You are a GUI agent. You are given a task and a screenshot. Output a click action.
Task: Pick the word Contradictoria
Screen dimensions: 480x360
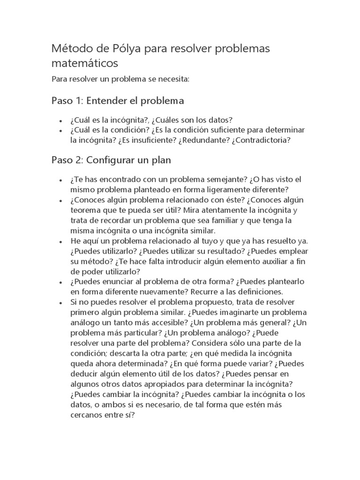click(x=261, y=140)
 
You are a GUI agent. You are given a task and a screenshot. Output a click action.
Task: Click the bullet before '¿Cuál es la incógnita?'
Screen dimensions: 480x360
click(x=61, y=120)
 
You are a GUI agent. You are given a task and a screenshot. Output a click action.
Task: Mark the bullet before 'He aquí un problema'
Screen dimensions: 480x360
click(x=61, y=241)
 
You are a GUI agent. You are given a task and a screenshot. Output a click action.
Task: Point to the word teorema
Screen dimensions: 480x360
click(x=85, y=210)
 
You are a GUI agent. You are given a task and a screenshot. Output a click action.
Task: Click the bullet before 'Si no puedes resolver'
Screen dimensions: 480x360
click(x=61, y=303)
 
